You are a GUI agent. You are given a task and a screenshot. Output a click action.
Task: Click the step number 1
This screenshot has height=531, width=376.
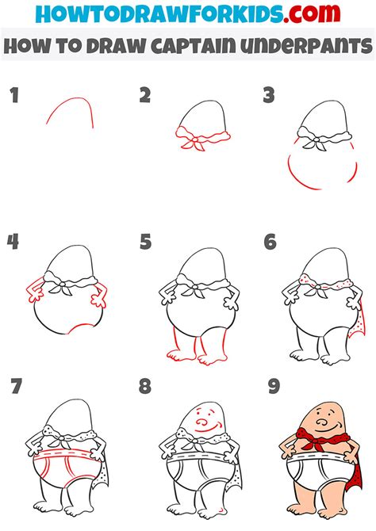click(x=14, y=95)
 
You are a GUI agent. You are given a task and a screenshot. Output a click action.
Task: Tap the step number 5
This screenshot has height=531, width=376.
click(x=145, y=242)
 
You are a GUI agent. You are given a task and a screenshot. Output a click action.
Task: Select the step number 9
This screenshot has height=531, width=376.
click(x=274, y=387)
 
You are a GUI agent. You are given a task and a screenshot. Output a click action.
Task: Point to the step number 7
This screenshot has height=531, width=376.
click(x=16, y=386)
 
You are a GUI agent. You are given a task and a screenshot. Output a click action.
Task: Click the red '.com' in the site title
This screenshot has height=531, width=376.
click(x=312, y=13)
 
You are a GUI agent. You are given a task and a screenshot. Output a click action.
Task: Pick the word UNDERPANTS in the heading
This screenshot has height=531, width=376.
click(x=306, y=46)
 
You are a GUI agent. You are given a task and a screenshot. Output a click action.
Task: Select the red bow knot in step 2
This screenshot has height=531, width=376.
click(x=195, y=139)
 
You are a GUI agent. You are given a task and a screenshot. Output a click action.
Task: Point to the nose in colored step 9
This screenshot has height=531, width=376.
click(x=321, y=422)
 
